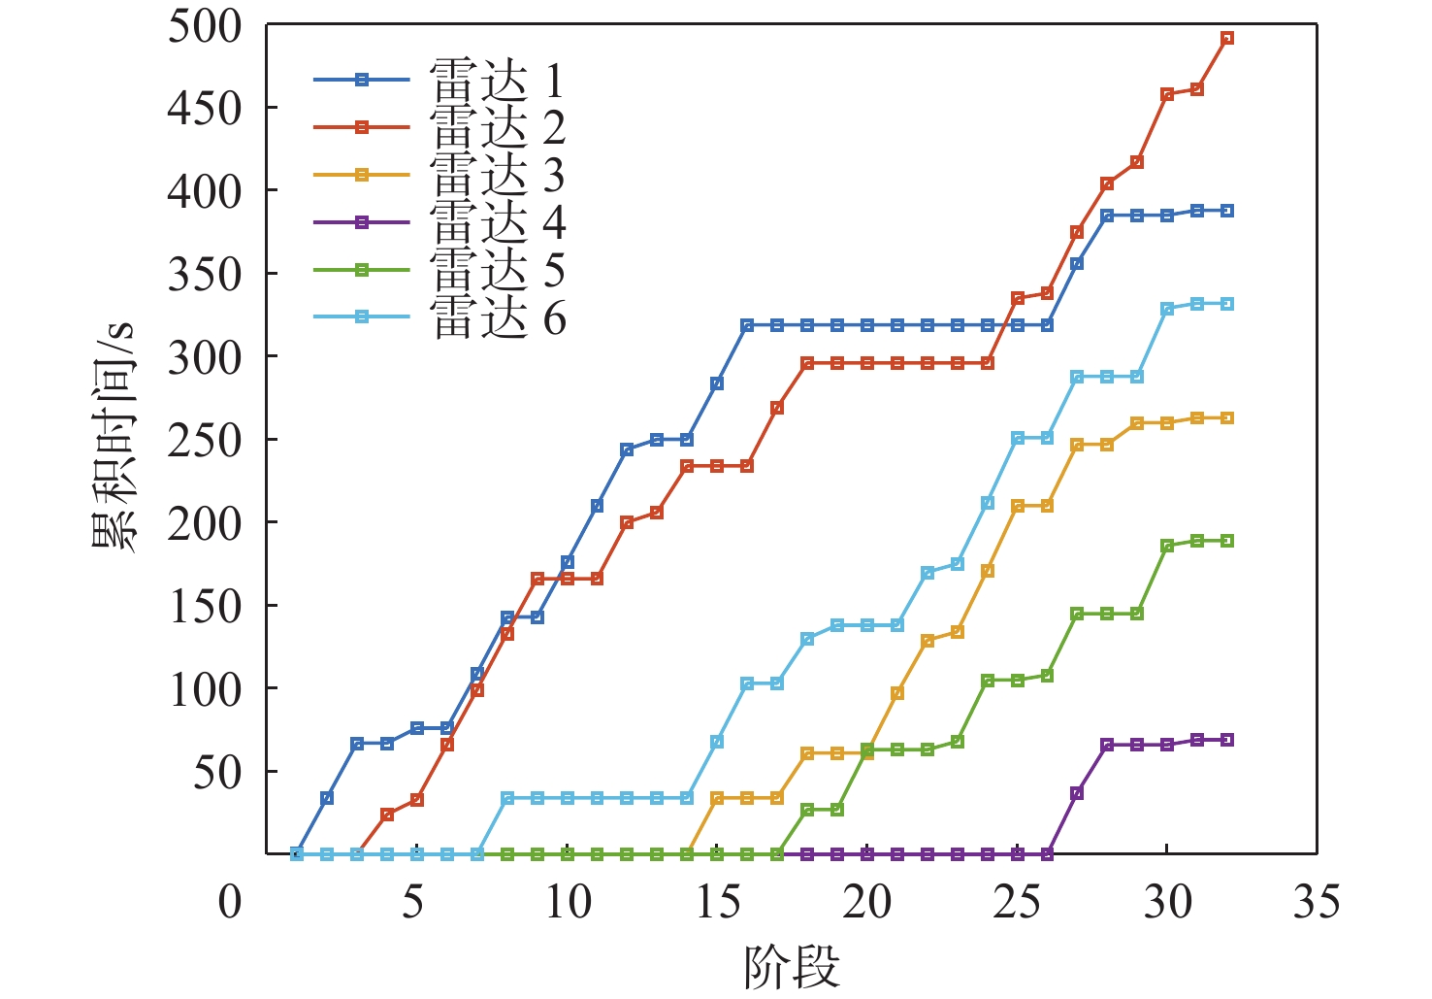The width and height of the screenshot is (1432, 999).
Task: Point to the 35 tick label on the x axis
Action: click(x=1317, y=902)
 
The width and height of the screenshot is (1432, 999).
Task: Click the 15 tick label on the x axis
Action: click(x=718, y=902)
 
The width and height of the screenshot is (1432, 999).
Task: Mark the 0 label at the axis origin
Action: click(x=230, y=902)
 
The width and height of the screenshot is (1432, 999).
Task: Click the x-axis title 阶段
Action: click(x=792, y=967)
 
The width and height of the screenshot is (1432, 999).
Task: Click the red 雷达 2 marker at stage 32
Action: click(x=1227, y=39)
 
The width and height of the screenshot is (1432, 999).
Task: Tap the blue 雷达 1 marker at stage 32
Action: click(x=1227, y=211)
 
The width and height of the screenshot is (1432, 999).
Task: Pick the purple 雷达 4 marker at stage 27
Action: click(x=1077, y=793)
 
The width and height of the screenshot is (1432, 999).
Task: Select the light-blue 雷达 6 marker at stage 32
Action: click(x=1227, y=304)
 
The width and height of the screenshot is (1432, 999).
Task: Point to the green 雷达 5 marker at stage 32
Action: click(x=1227, y=541)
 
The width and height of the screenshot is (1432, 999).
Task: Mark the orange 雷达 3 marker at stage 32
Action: click(x=1227, y=418)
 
